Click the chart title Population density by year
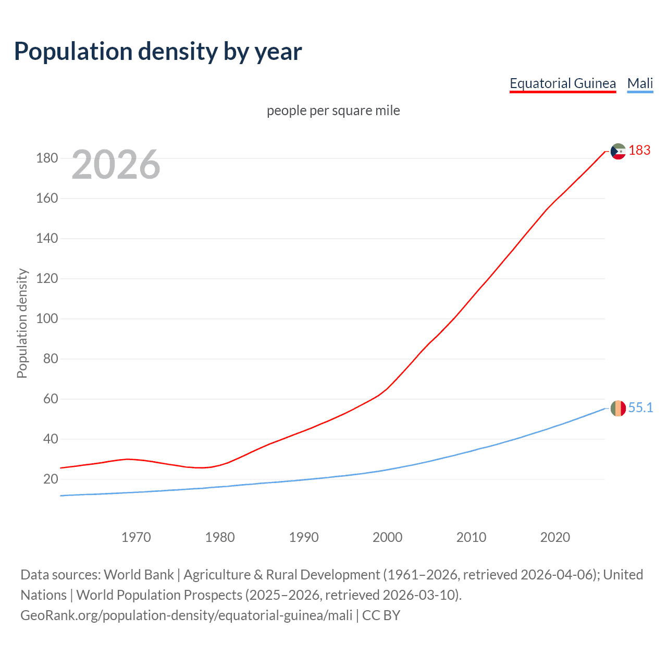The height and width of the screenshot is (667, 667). click(158, 52)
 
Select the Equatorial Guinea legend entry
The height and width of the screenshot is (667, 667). click(562, 83)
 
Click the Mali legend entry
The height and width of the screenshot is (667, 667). click(640, 83)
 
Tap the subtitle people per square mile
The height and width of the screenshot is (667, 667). click(333, 110)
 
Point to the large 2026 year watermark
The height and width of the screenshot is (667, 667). click(116, 165)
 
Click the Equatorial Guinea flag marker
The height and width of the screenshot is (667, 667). click(618, 151)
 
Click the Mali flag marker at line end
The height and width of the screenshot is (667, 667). click(618, 408)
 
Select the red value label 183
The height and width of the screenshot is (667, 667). click(639, 151)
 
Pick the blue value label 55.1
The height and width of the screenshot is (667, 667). click(640, 407)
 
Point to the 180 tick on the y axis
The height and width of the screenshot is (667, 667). click(47, 158)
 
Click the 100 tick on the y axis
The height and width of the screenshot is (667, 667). click(47, 318)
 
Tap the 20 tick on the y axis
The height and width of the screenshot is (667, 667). click(51, 479)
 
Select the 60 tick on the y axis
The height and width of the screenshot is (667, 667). click(51, 399)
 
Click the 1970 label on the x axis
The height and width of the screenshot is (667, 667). click(136, 537)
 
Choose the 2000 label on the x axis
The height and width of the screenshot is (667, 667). click(387, 537)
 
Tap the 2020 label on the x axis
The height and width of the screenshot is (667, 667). click(555, 537)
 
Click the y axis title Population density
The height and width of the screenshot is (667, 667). click(22, 323)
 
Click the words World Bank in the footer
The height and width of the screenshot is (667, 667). click(139, 575)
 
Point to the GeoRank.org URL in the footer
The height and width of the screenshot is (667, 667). click(186, 615)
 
